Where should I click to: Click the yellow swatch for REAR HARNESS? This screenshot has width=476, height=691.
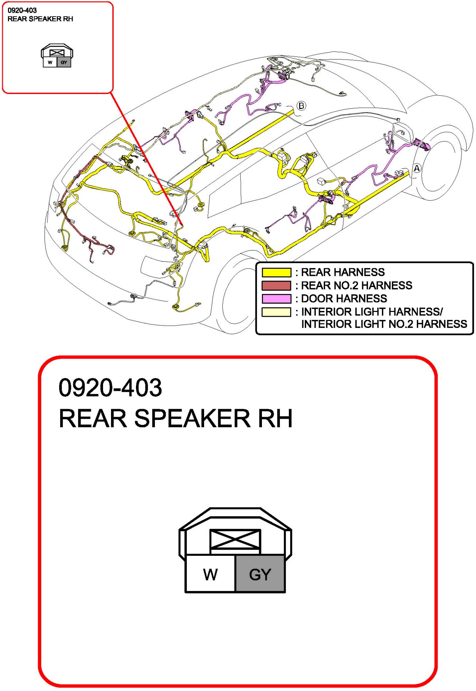coord(276,273)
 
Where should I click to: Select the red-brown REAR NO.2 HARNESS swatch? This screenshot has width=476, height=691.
coord(276,286)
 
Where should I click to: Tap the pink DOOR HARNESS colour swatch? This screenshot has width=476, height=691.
coord(276,299)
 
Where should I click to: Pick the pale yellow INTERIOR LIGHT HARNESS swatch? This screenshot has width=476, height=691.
coord(276,312)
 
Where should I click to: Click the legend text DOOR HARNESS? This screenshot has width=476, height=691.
coord(344,298)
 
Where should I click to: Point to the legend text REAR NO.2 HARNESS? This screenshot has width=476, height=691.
coord(356,285)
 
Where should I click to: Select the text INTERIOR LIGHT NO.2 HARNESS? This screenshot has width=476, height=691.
coord(384,324)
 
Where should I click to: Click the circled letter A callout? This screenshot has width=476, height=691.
coord(417,168)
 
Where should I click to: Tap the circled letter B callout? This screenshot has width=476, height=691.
coord(301,106)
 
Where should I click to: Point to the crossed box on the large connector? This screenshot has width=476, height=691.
coord(235,539)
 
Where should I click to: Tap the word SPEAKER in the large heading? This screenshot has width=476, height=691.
coord(192,418)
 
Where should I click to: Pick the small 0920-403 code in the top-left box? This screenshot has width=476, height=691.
coord(22,10)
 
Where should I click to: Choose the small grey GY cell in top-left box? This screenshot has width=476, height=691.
coord(64,63)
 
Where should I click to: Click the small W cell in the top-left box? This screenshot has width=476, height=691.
coord(50,63)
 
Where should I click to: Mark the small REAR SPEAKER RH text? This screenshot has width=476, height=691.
coord(40,19)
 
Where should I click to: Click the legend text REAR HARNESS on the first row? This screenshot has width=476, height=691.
coord(342,272)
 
